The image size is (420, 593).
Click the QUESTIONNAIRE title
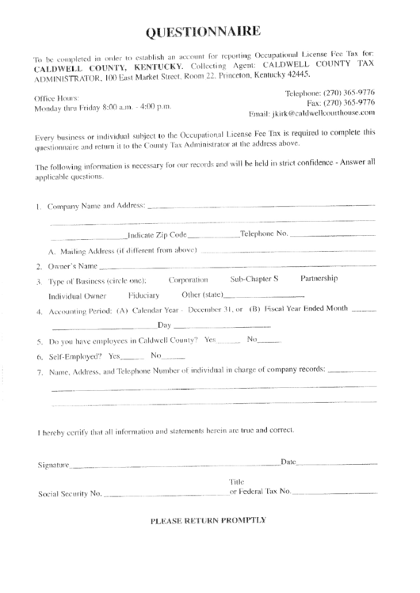click(202, 32)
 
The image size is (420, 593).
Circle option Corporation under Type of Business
click(189, 279)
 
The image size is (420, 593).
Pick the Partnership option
click(319, 279)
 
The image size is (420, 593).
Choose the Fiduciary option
click(143, 295)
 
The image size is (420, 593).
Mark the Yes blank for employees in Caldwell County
click(227, 340)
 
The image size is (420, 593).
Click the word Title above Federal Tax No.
click(237, 481)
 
